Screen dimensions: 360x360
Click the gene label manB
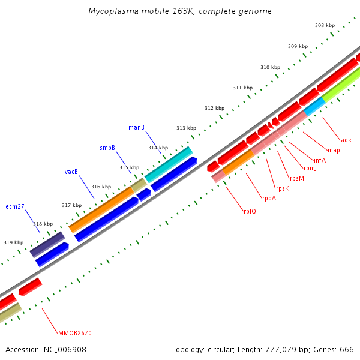136,127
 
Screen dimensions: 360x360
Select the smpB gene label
107,148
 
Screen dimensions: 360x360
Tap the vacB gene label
71,172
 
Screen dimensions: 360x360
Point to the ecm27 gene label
15,206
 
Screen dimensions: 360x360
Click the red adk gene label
346,140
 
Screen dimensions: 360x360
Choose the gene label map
334,150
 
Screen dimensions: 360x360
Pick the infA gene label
320,160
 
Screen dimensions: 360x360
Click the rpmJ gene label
310,169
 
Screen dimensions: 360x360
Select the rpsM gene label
297,178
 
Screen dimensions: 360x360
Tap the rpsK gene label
283,188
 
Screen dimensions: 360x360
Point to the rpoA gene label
269,199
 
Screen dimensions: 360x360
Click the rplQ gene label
250,211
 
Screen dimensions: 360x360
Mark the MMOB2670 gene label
75,333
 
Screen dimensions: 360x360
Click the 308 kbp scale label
325,25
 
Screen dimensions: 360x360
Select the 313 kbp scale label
186,128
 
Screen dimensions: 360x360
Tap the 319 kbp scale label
13,242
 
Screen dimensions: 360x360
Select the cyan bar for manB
169,164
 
